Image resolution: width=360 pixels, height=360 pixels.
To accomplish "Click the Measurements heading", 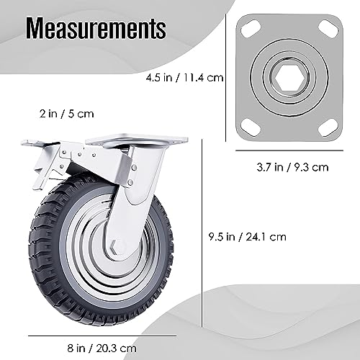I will tap(96, 30).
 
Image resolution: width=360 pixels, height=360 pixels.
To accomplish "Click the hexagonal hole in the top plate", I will tap(287, 75).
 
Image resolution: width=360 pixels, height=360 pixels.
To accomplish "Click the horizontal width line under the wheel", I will tap(92, 335).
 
